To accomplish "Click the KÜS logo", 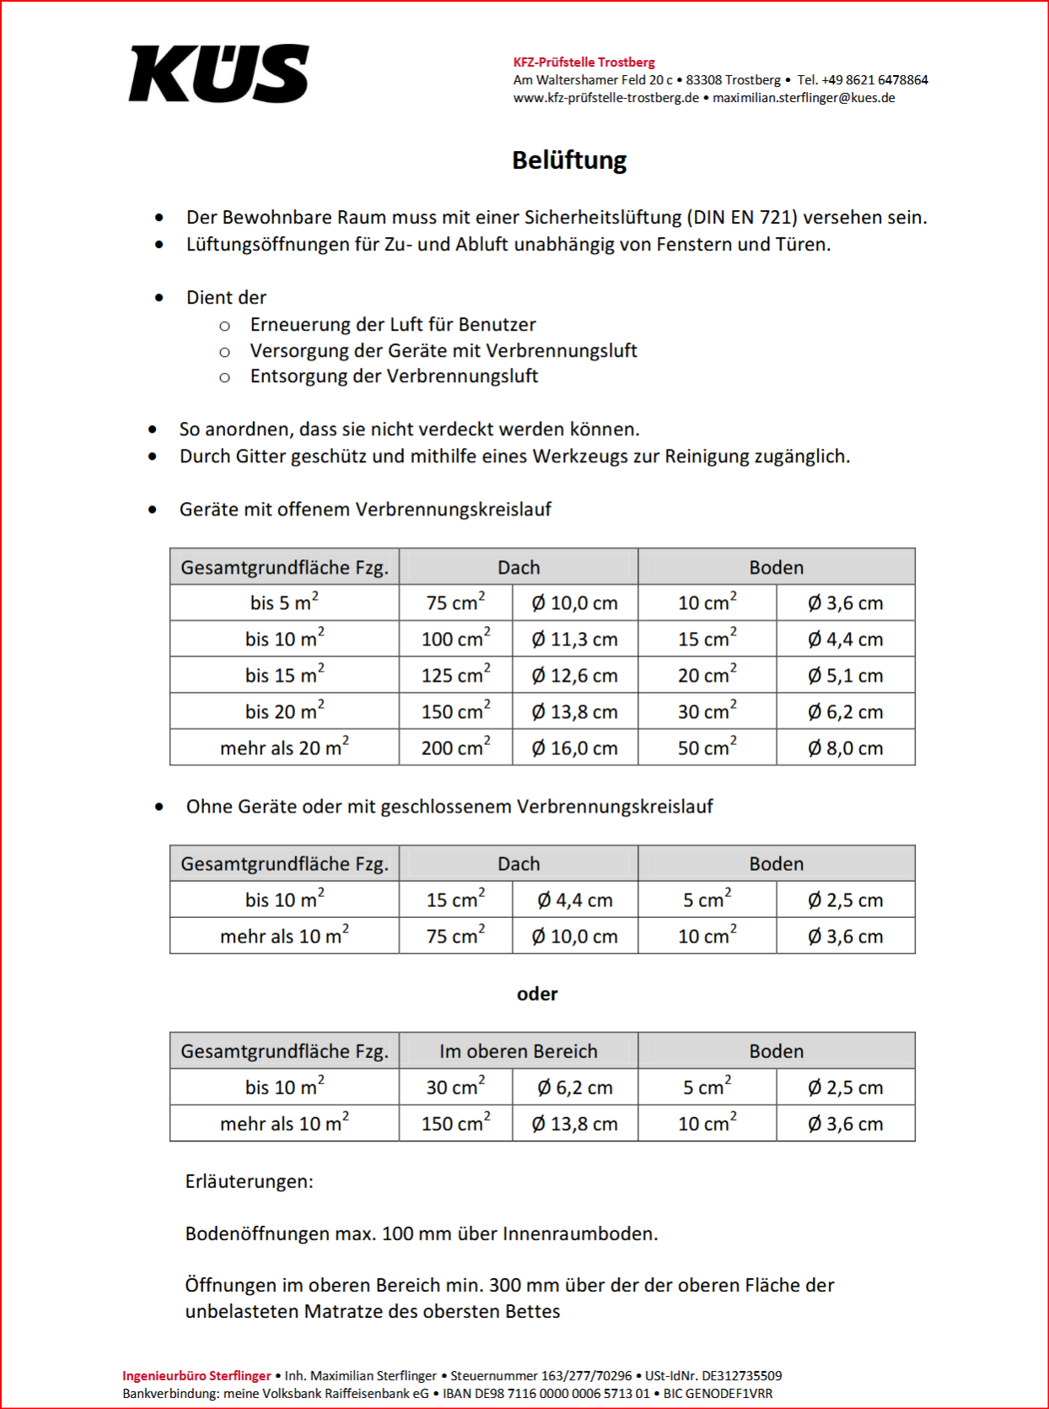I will (219, 73).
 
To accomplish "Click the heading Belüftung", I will (569, 160).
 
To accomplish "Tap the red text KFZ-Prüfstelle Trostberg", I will (584, 62).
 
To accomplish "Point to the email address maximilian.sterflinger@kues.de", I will (804, 98).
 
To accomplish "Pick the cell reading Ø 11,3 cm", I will (574, 640).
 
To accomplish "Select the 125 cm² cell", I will (455, 676).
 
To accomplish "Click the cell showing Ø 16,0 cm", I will (574, 748).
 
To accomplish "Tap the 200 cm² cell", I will (455, 748).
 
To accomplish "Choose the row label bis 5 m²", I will (284, 603).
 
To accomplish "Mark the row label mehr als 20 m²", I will (284, 748).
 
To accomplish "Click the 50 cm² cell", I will (707, 748).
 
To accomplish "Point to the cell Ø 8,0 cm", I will (845, 748).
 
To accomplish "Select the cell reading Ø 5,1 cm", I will (845, 676).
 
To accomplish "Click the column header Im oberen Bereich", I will (518, 1051).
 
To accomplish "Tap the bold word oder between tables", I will (537, 994).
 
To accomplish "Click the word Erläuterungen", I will (249, 1181).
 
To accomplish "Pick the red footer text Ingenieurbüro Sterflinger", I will (196, 1376).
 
